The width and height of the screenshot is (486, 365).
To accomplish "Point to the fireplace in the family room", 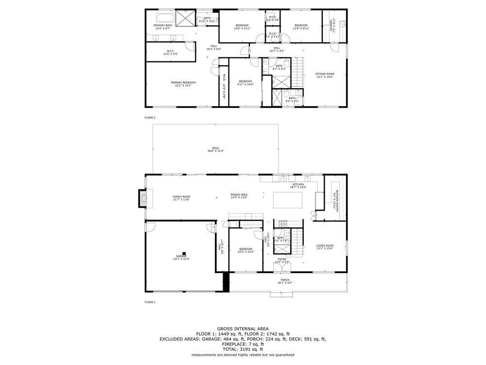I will point(142,198).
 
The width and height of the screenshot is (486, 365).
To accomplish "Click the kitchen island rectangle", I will point(288,200).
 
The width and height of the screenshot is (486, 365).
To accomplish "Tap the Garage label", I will point(181,257).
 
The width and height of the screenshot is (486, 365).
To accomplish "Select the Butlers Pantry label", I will point(334,200).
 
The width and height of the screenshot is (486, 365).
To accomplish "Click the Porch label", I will point(285,281).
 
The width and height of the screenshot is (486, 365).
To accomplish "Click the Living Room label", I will point(325,247).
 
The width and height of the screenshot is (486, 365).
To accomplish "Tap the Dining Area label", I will point(239,196).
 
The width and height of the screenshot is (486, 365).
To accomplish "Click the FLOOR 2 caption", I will point(150,118).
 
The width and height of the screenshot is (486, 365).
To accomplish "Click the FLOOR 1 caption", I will point(150,302).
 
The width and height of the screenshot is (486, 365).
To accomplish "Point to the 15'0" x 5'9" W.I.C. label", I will point(171,52).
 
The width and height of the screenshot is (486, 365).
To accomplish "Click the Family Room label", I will point(181,198).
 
